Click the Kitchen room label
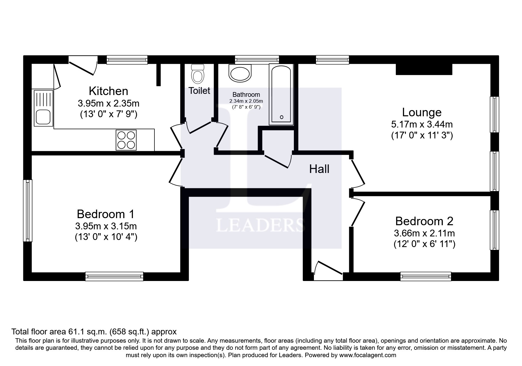(108, 91)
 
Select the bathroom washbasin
(240, 73)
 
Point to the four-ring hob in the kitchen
(126, 140)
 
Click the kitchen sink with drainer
(43, 108)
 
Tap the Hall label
(319, 169)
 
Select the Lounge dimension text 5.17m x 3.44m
(422, 124)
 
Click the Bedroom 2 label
(424, 221)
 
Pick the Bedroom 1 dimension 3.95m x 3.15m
(106, 226)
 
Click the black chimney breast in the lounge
(424, 69)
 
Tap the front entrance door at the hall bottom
(328, 271)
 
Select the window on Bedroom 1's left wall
(28, 210)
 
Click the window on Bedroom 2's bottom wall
(426, 276)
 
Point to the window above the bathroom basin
(257, 60)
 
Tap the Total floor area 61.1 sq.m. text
(94, 331)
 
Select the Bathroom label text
(246, 94)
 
